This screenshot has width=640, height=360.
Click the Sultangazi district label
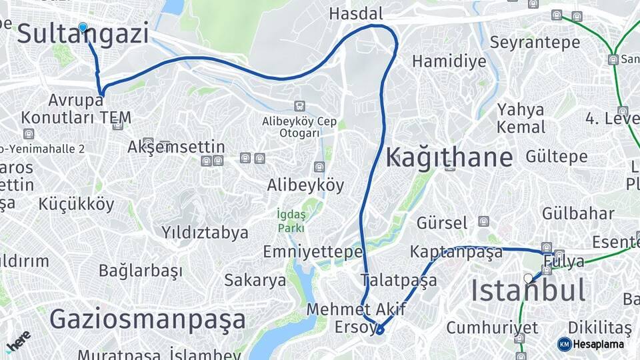click(x=83, y=35)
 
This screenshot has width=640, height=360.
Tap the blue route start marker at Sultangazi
click(x=83, y=27)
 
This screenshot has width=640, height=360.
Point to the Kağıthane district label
click(x=449, y=158)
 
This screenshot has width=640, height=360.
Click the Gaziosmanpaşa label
click(x=147, y=319)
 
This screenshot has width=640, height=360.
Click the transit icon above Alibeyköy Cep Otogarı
click(x=299, y=105)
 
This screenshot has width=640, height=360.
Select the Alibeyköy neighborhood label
click(x=305, y=185)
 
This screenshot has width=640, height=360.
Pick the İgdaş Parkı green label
click(x=291, y=221)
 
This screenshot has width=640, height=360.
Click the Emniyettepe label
click(x=313, y=252)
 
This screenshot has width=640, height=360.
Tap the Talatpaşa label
click(x=399, y=279)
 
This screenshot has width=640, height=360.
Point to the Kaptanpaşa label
click(x=456, y=253)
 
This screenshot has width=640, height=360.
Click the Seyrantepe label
click(x=535, y=42)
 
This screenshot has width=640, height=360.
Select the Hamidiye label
click(x=449, y=61)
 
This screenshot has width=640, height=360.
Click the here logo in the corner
click(x=18, y=342)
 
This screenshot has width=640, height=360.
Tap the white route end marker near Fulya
click(x=529, y=279)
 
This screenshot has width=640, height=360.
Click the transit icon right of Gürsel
click(x=483, y=221)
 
